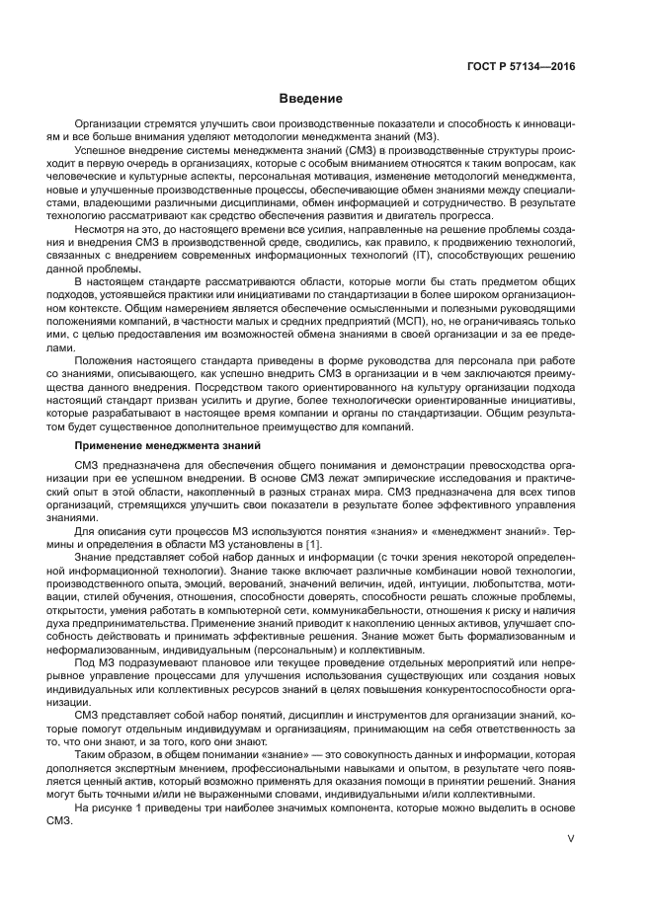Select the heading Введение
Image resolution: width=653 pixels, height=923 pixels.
click(x=309, y=99)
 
